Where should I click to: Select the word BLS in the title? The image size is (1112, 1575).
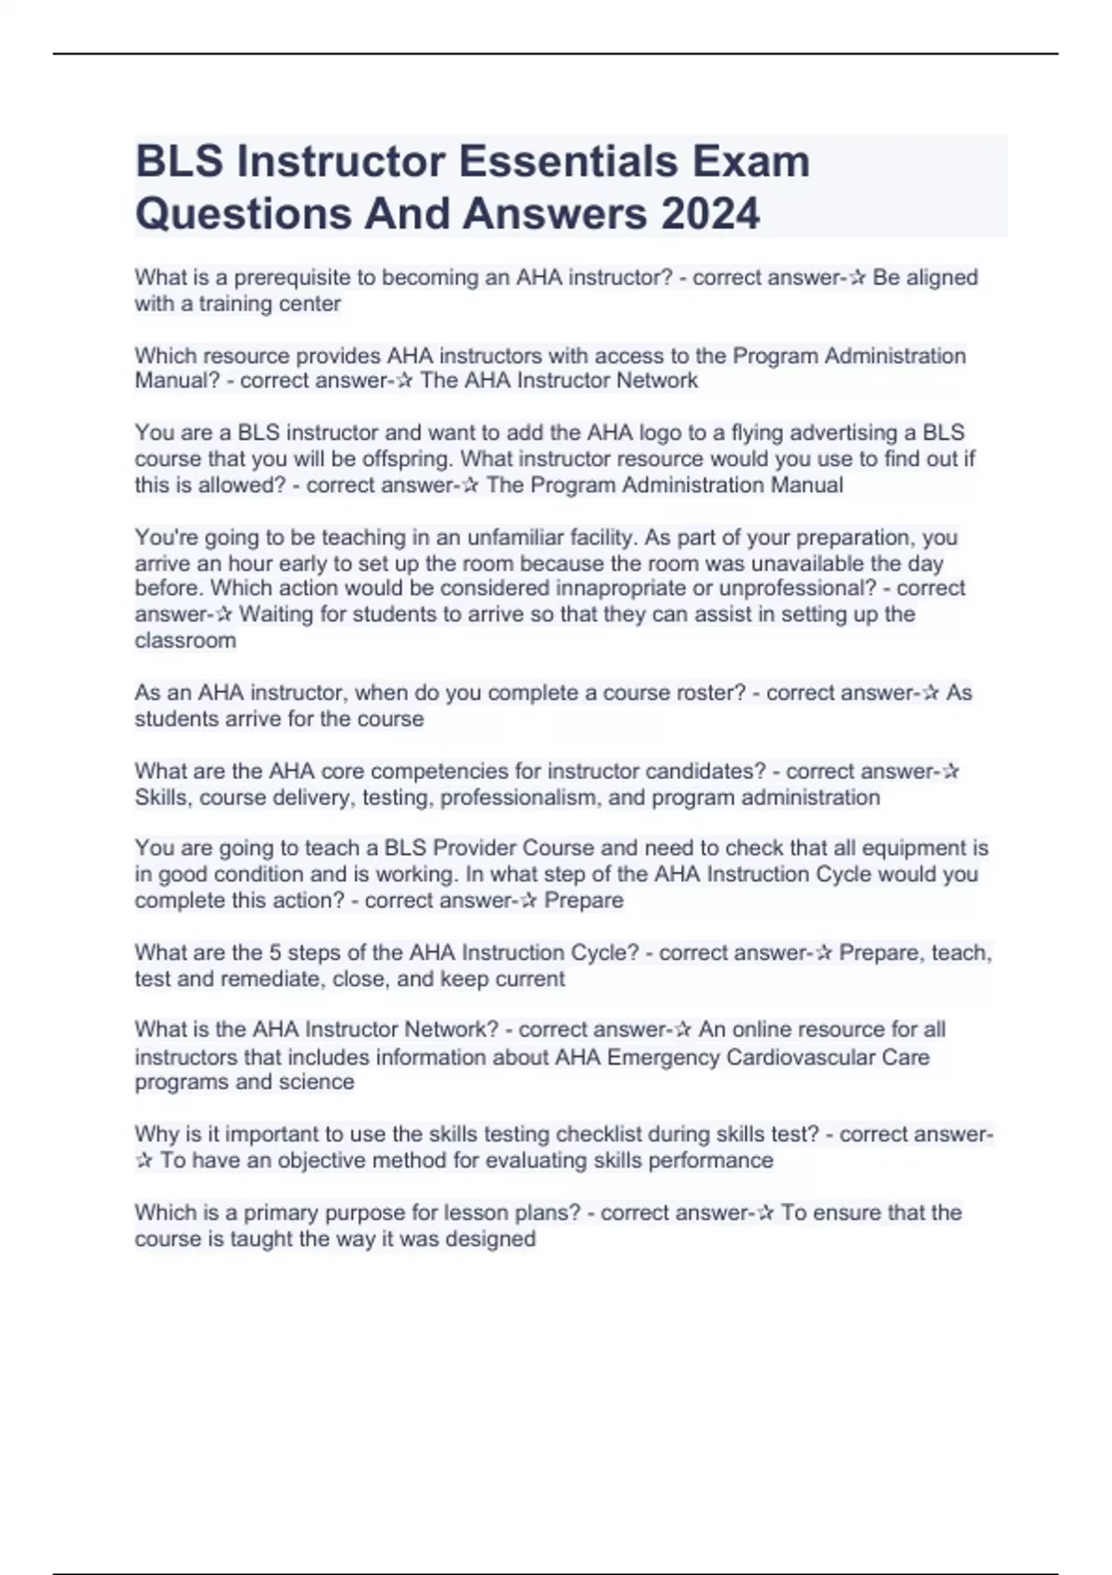(x=179, y=161)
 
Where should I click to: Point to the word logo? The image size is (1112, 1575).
(x=659, y=433)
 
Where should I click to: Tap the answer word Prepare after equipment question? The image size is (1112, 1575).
(x=584, y=900)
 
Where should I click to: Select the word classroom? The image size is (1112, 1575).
(x=185, y=640)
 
